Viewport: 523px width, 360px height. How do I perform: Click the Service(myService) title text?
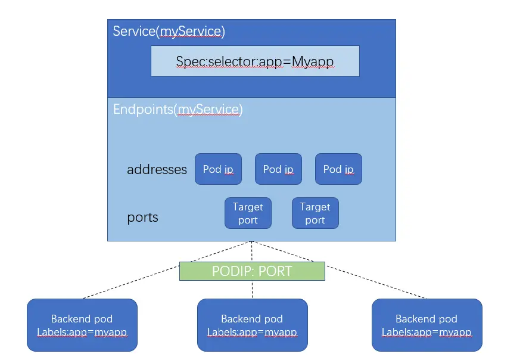pyautogui.click(x=169, y=32)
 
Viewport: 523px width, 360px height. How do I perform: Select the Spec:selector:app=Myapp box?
pyautogui.click(x=255, y=61)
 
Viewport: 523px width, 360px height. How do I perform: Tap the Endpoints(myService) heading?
pyautogui.click(x=178, y=110)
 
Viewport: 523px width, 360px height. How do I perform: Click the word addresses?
pyautogui.click(x=157, y=169)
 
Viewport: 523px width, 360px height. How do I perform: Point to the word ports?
pyautogui.click(x=143, y=218)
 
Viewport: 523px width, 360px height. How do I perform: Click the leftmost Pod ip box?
pyautogui.click(x=219, y=169)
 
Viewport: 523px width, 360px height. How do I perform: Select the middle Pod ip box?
pyautogui.click(x=279, y=169)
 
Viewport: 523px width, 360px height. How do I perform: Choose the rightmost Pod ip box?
pyautogui.click(x=338, y=169)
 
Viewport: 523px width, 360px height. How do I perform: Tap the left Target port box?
pyautogui.click(x=248, y=213)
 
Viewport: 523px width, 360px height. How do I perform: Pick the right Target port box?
pyautogui.click(x=315, y=213)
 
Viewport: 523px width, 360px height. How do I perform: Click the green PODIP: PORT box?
pyautogui.click(x=252, y=271)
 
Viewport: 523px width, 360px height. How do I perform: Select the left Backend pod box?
pyautogui.click(x=82, y=325)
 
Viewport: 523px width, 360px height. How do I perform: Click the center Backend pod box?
pyautogui.click(x=253, y=325)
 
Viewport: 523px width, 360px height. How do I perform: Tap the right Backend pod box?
pyautogui.click(x=427, y=325)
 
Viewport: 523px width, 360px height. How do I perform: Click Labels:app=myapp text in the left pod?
pyautogui.click(x=82, y=333)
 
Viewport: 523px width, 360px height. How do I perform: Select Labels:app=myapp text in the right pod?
pyautogui.click(x=427, y=333)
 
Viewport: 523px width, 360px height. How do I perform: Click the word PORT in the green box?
pyautogui.click(x=275, y=271)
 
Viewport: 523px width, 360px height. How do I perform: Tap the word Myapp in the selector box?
pyautogui.click(x=313, y=62)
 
